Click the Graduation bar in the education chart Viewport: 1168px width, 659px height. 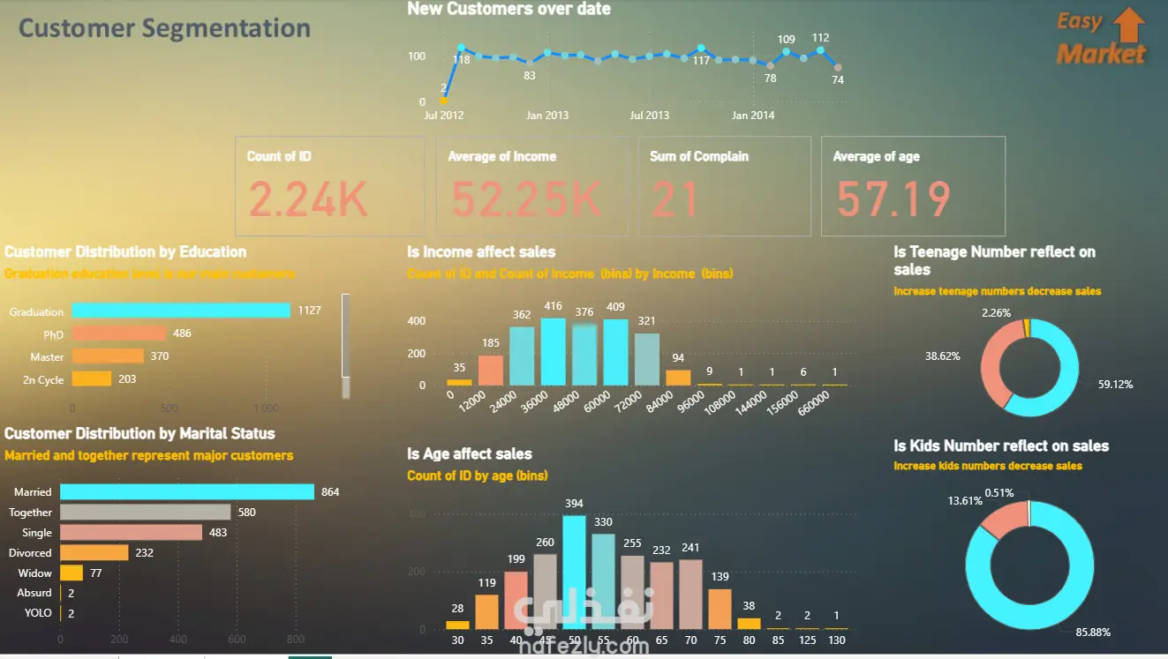coord(181,311)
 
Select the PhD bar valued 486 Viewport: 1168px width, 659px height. coord(119,333)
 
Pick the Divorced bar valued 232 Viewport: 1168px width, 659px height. coord(94,552)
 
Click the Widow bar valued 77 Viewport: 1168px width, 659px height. coord(72,573)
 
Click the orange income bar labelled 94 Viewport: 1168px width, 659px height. coord(678,378)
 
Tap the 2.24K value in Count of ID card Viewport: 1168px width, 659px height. coord(308,199)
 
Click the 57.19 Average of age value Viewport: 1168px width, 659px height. coord(893,198)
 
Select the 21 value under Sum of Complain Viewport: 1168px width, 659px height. coord(675,198)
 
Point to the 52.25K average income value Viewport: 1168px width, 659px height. coord(526,199)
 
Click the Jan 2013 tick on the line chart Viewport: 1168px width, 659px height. coord(547,116)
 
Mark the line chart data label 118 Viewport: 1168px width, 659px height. coord(461,60)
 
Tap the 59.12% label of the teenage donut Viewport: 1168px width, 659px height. coord(1116,385)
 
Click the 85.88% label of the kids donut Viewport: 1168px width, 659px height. coord(1092,633)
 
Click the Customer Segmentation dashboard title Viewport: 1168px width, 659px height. coord(164,28)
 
